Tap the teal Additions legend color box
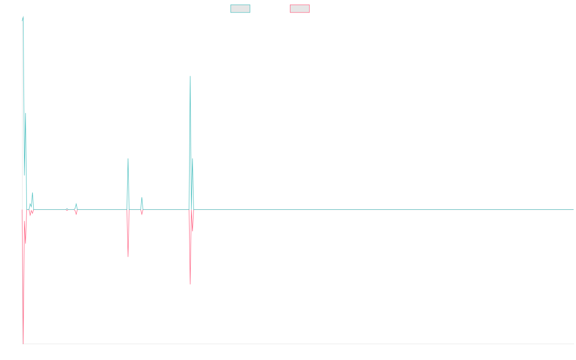click(240, 9)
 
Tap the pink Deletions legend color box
click(300, 9)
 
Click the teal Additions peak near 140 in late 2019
click(190, 76)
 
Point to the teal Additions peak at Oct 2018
click(128, 159)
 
